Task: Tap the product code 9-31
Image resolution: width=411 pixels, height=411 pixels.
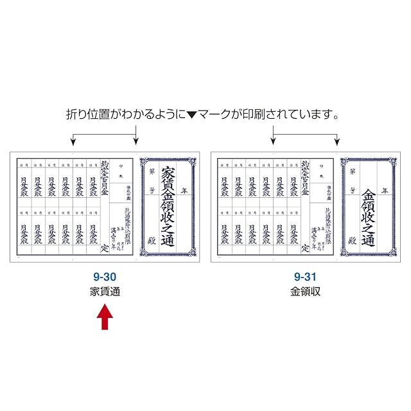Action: point(306,277)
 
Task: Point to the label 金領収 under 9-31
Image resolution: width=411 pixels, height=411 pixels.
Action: point(306,292)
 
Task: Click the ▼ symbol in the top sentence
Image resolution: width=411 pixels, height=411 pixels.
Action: point(192,116)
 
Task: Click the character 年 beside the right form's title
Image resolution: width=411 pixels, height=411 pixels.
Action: point(385,191)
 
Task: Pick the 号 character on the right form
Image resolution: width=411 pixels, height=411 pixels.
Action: point(353,191)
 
